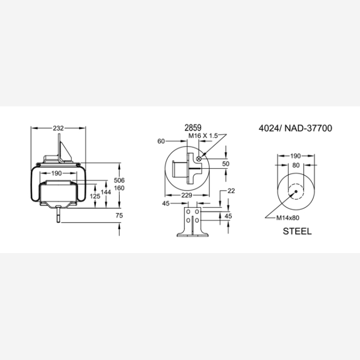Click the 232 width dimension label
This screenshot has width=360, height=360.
click(58, 128)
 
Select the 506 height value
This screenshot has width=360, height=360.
click(120, 180)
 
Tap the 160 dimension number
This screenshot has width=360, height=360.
click(120, 188)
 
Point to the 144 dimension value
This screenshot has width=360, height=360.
click(106, 192)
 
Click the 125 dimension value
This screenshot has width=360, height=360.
click(95, 196)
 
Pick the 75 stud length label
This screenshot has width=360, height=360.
click(120, 215)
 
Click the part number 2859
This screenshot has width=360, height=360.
click(193, 127)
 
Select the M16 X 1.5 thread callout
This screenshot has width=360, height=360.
click(203, 136)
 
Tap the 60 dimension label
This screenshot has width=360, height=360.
click(161, 141)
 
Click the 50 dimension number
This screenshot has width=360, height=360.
click(226, 164)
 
